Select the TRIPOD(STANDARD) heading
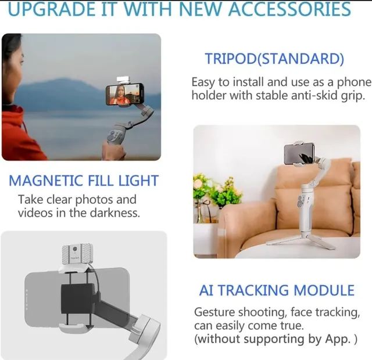[x=274, y=59]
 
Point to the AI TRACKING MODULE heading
[x=277, y=290]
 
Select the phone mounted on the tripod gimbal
[x=299, y=154]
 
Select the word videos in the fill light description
[x=35, y=213]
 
